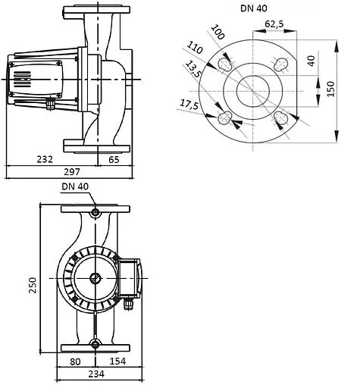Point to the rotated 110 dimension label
[x=197, y=53]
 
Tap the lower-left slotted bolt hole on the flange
[x=225, y=118]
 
